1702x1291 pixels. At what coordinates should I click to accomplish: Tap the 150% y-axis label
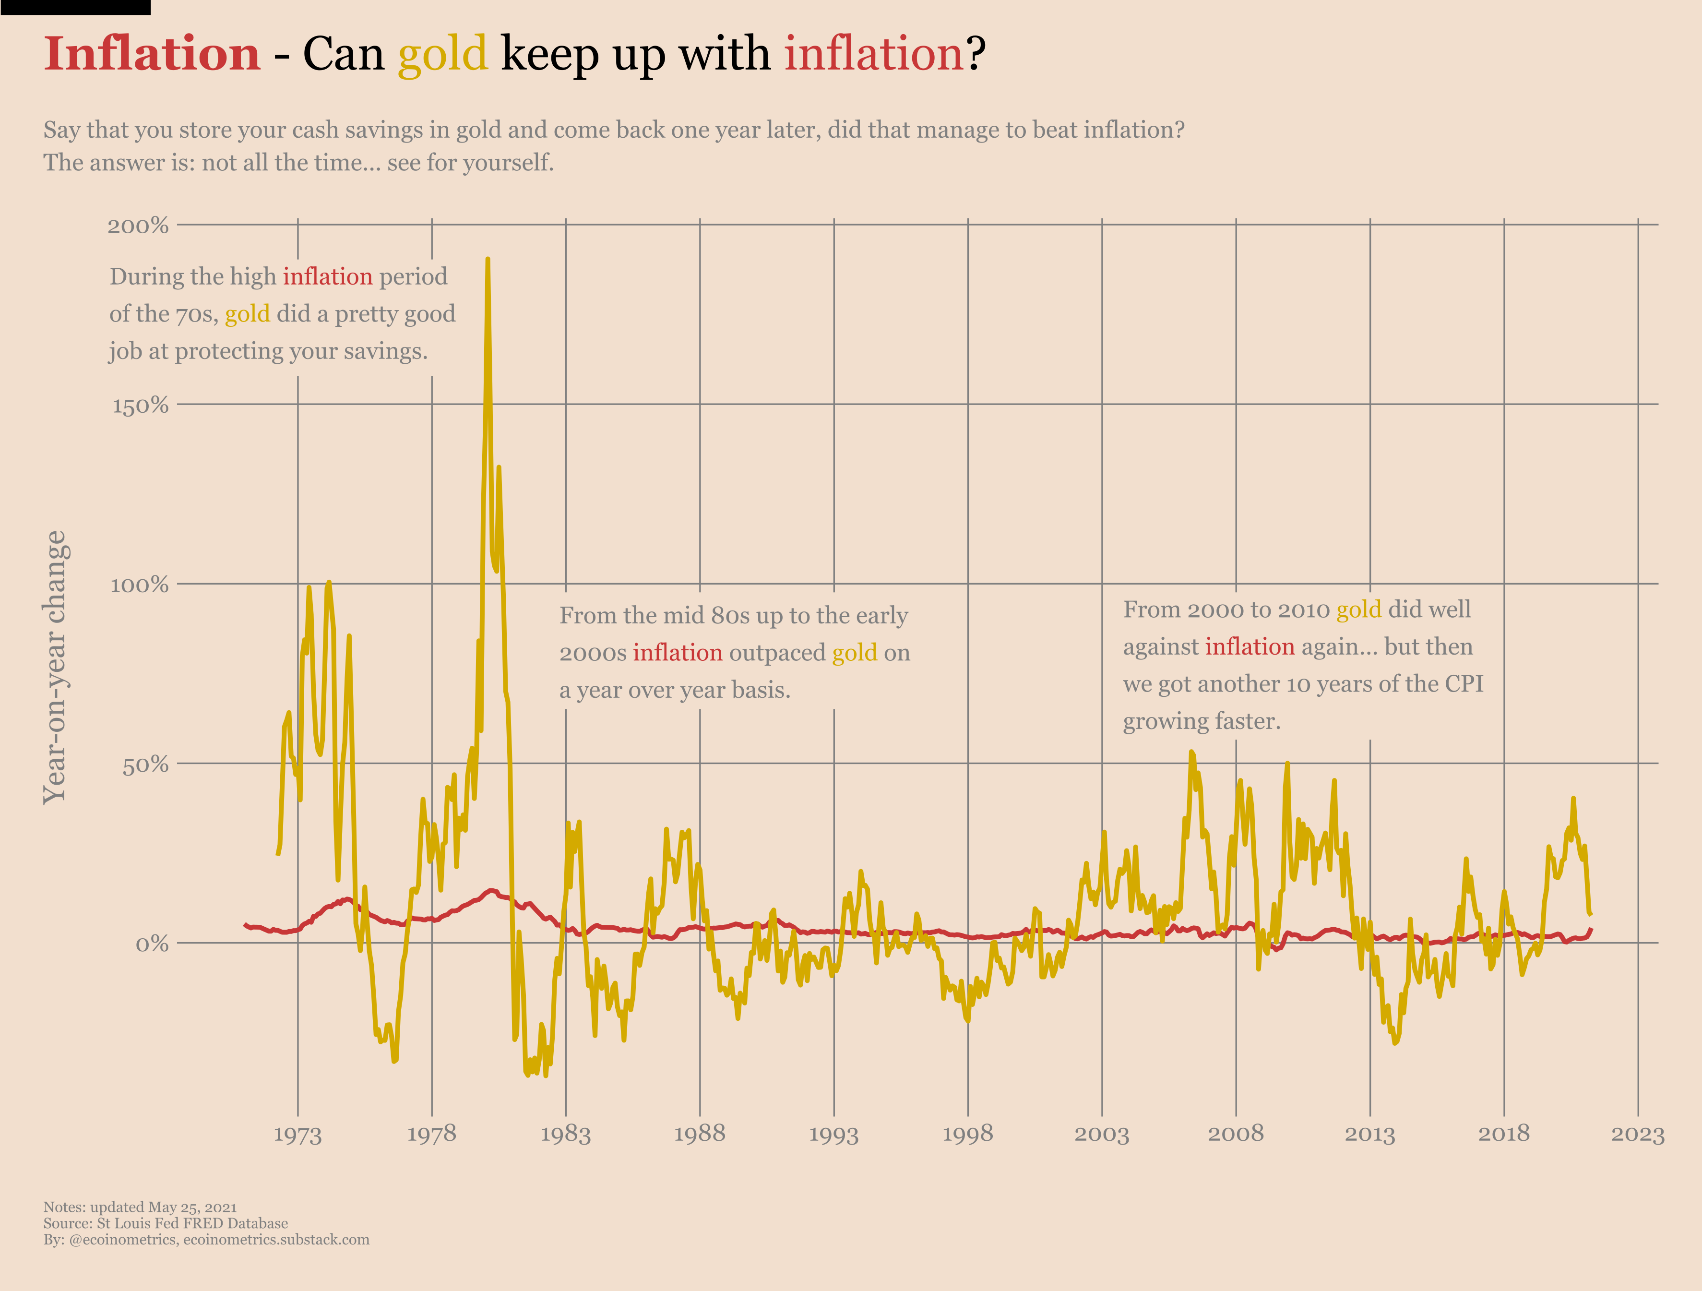click(x=140, y=406)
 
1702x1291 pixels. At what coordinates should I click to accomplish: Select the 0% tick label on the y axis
click(x=152, y=944)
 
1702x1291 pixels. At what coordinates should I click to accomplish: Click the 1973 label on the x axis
click(x=298, y=1134)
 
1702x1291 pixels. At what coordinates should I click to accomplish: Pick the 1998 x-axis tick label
click(x=967, y=1134)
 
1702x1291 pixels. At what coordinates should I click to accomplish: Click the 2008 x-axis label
click(x=1236, y=1134)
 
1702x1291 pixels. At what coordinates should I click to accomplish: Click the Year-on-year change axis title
click(x=55, y=667)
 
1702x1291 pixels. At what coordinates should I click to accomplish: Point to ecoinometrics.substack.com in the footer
click(x=276, y=1240)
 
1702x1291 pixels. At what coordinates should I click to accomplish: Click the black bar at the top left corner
click(x=75, y=7)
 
